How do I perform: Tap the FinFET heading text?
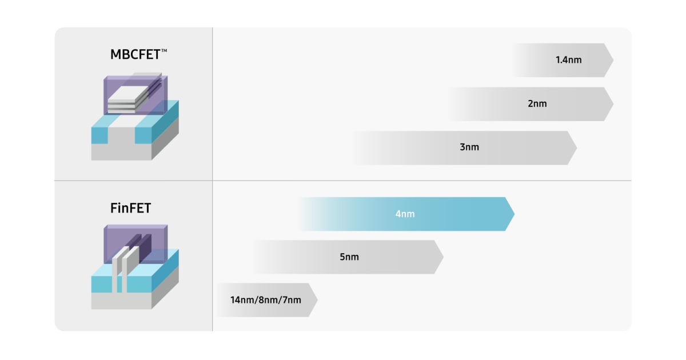[x=130, y=208]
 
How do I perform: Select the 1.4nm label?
[x=568, y=59]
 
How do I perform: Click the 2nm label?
[x=537, y=103]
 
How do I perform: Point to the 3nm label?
[x=469, y=147]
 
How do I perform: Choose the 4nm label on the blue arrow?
[x=405, y=214]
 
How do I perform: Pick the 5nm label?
[x=349, y=257]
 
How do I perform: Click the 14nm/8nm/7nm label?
[x=265, y=300]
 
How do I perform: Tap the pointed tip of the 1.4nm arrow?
[x=612, y=60]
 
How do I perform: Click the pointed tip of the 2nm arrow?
[x=612, y=104]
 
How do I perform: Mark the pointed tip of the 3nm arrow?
[x=576, y=148]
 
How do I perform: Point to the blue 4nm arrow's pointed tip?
[x=513, y=214]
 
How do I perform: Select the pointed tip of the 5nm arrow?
[x=442, y=257]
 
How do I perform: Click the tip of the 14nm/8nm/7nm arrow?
[x=317, y=300]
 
